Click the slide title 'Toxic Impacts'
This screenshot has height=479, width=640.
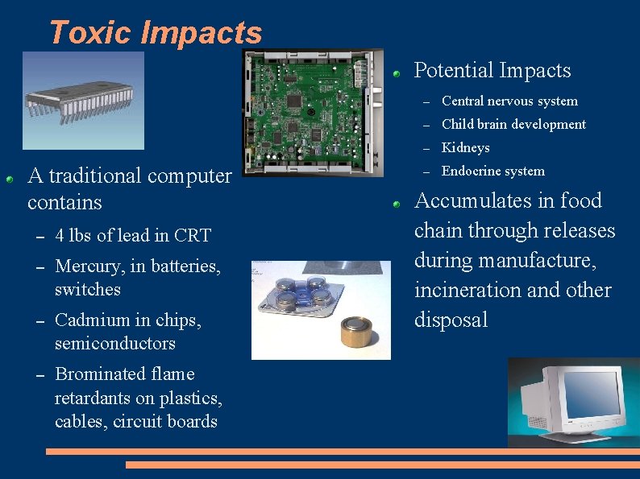click(x=156, y=32)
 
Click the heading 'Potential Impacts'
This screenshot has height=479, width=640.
click(x=492, y=71)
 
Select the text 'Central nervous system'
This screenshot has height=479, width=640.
click(x=509, y=101)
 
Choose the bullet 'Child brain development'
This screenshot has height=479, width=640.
click(x=513, y=125)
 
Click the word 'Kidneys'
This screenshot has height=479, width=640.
click(x=465, y=148)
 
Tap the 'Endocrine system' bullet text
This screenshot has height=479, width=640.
click(x=492, y=171)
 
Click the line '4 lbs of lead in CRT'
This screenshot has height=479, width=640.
click(x=132, y=236)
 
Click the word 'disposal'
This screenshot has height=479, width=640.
click(x=451, y=320)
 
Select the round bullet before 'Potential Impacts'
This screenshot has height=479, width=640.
click(x=397, y=72)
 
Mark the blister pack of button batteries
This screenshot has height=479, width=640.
click(x=297, y=299)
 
